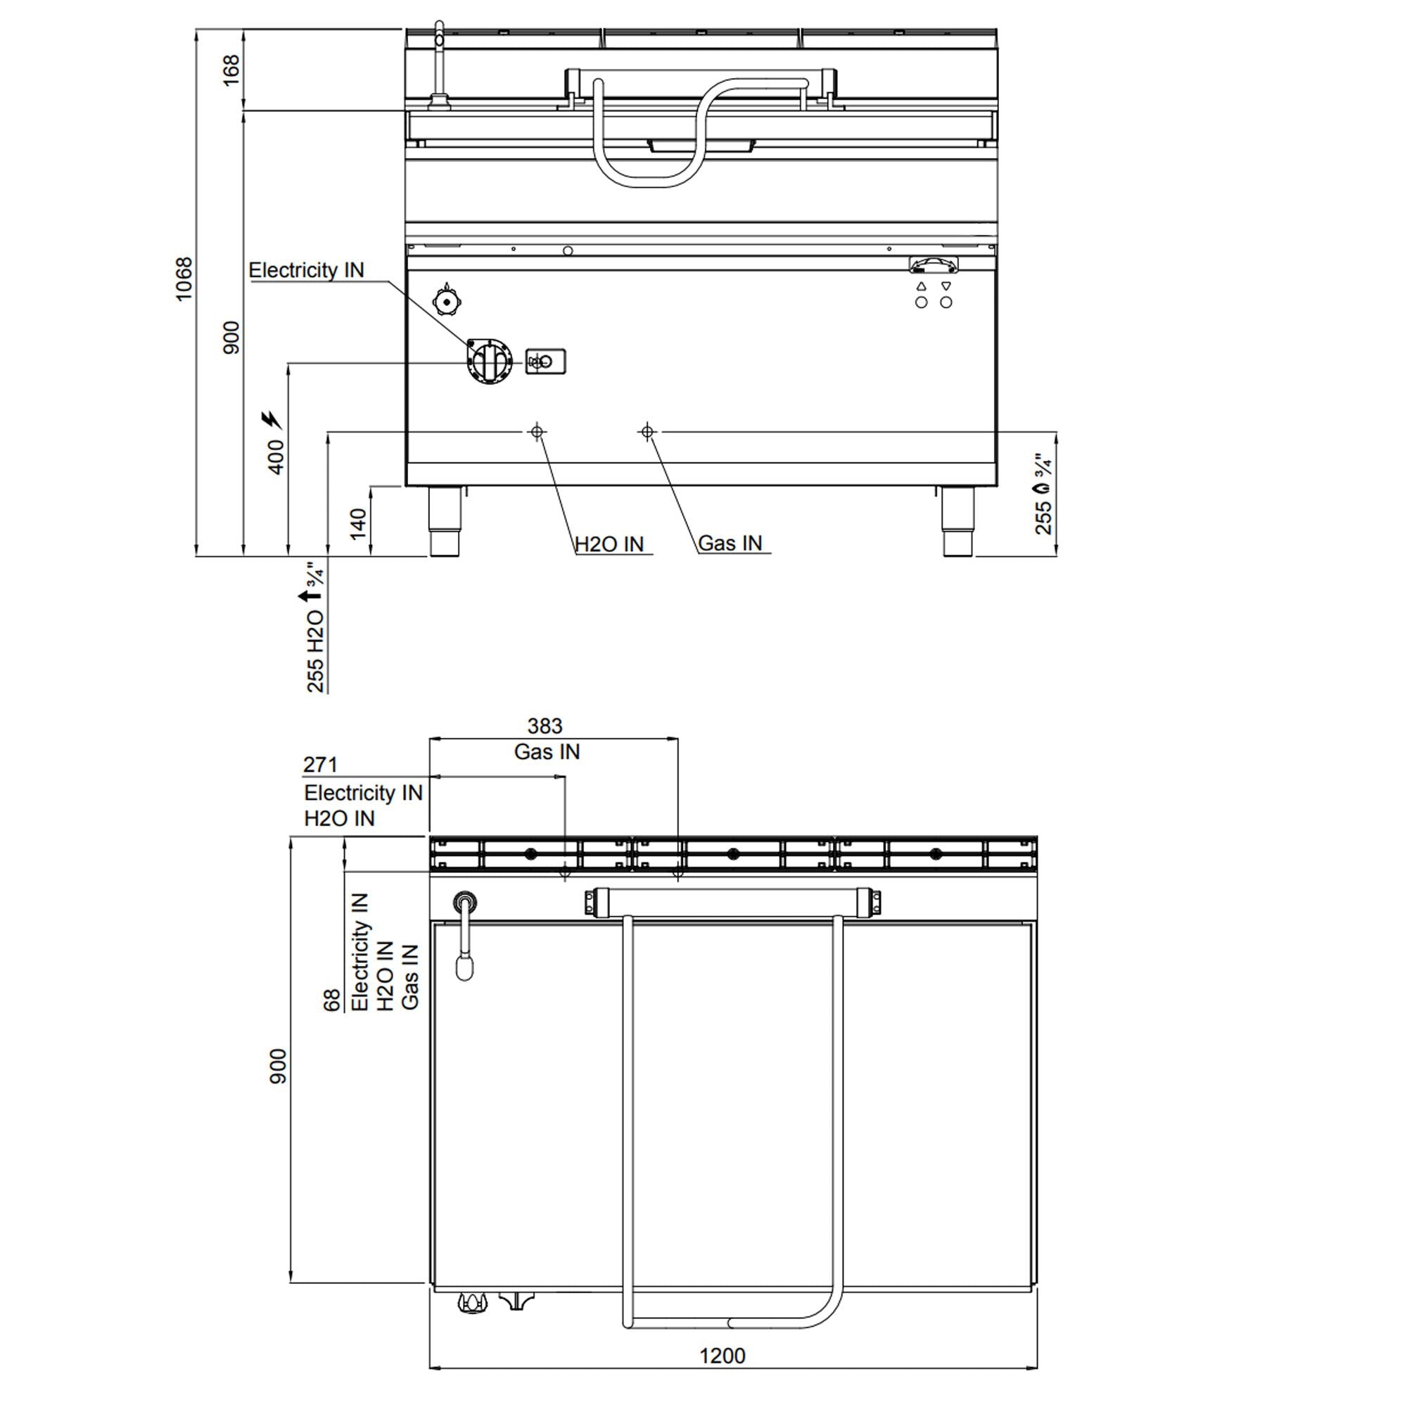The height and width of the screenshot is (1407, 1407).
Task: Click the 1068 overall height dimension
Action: pyautogui.click(x=184, y=279)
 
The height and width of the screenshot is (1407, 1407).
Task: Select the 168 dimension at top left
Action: pyautogui.click(x=231, y=70)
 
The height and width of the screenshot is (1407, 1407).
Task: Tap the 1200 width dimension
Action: pyautogui.click(x=722, y=1356)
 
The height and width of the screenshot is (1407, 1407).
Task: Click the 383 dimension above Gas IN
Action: pyautogui.click(x=545, y=726)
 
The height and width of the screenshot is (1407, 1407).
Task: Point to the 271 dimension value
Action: pyautogui.click(x=320, y=765)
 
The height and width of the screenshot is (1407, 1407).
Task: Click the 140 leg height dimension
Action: pyautogui.click(x=357, y=523)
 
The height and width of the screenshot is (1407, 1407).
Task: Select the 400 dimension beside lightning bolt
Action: pyautogui.click(x=276, y=457)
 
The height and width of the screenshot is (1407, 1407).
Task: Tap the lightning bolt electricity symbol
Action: pyautogui.click(x=272, y=420)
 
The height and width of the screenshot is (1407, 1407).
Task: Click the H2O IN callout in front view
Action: pyautogui.click(x=609, y=544)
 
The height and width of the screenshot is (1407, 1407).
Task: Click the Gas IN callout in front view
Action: pyautogui.click(x=730, y=543)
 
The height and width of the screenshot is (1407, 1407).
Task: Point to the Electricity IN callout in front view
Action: pyautogui.click(x=306, y=270)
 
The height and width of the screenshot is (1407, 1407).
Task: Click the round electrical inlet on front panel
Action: pyautogui.click(x=490, y=361)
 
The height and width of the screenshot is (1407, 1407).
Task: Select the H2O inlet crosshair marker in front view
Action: pyautogui.click(x=537, y=432)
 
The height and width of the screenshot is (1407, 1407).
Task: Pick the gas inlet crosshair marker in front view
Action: pyautogui.click(x=647, y=432)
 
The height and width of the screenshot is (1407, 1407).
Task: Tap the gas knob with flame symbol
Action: pyautogui.click(x=448, y=300)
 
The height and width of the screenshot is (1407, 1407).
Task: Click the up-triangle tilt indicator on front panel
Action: pyautogui.click(x=922, y=287)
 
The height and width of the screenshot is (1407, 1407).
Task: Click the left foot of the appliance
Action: pyautogui.click(x=444, y=521)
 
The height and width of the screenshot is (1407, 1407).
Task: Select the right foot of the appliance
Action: pyautogui.click(x=957, y=521)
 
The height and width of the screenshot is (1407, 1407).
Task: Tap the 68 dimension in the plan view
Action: pyautogui.click(x=332, y=1000)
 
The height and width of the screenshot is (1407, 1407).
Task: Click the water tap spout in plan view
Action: pyautogui.click(x=464, y=967)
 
